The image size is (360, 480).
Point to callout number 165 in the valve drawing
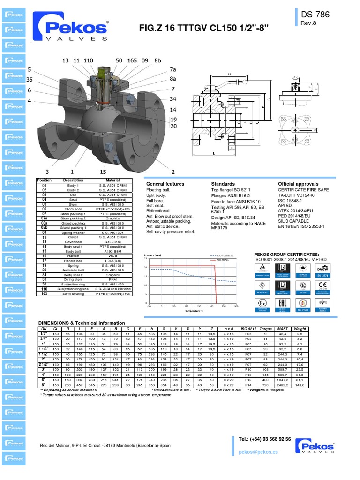pos(132,60)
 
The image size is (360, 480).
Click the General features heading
pos(165,184)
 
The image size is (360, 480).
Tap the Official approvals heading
pos(298,184)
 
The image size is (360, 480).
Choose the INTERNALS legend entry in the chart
pos(222,259)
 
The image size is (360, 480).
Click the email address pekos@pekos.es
pos(258,452)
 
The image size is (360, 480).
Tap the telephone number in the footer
pos(264,439)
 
